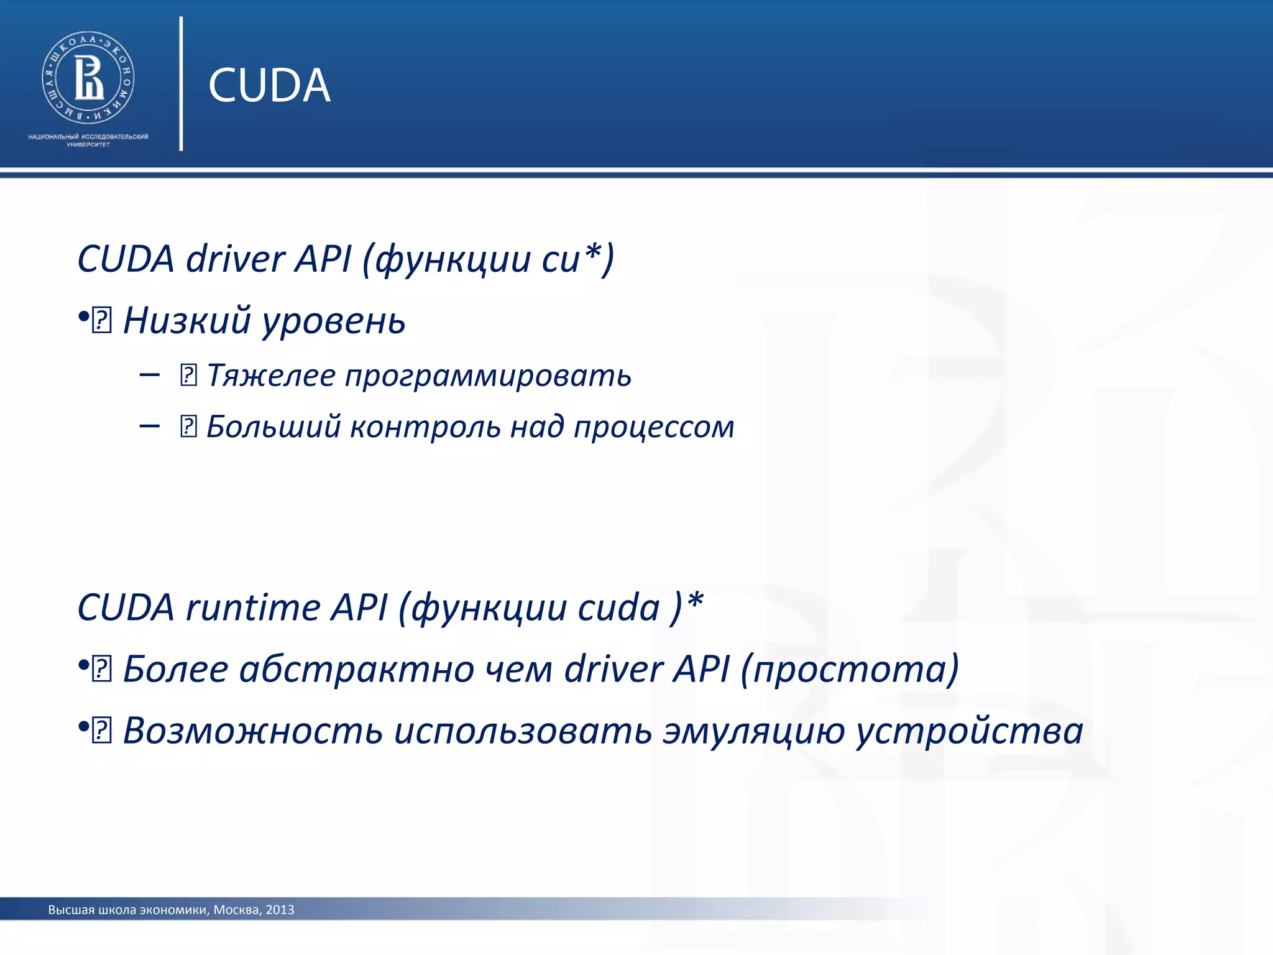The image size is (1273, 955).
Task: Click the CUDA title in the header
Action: [269, 85]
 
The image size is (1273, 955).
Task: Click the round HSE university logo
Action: [88, 78]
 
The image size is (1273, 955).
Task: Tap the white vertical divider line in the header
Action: [181, 84]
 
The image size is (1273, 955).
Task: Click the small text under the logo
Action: [88, 140]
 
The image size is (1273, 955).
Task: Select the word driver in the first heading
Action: [235, 259]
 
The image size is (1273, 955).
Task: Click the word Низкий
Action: [186, 321]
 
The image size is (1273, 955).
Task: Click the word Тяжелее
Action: [270, 376]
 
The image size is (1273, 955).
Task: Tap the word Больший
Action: [273, 427]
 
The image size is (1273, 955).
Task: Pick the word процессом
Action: [653, 428]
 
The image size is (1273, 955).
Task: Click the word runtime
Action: [252, 607]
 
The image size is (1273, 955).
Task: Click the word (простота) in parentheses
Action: [850, 670]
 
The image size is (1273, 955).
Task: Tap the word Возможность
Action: [252, 731]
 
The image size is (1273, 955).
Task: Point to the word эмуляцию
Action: [753, 731]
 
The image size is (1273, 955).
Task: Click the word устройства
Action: [970, 731]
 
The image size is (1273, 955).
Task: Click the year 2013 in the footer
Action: [280, 910]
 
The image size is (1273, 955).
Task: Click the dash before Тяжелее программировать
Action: [150, 375]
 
